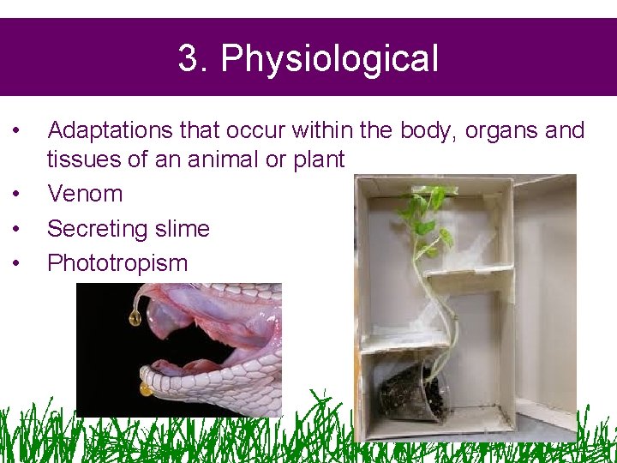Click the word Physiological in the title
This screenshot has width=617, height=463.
pyautogui.click(x=329, y=59)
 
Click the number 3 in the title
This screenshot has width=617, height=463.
pyautogui.click(x=188, y=59)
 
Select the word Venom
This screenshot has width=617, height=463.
pyautogui.click(x=85, y=194)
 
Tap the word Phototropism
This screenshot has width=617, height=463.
pyautogui.click(x=117, y=263)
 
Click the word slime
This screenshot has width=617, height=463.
pyautogui.click(x=182, y=229)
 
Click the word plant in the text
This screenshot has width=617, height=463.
pyautogui.click(x=317, y=159)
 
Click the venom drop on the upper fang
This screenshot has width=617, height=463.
pyautogui.click(x=135, y=318)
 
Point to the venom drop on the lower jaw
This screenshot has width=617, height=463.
pyautogui.click(x=146, y=388)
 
